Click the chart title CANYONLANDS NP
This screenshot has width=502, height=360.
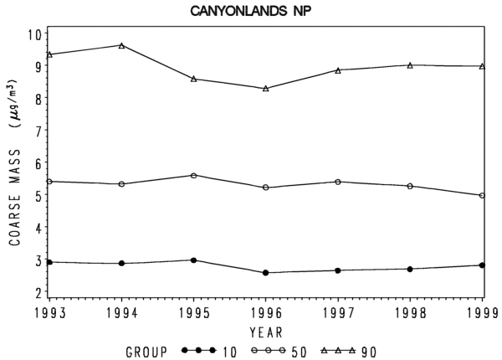[251, 11]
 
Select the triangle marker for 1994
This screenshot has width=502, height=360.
[121, 45]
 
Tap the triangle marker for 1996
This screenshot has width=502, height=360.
[266, 89]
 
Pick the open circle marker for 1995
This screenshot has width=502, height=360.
[194, 176]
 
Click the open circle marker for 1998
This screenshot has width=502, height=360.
[410, 186]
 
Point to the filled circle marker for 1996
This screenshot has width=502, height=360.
[266, 273]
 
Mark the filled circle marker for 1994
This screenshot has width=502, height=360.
[121, 263]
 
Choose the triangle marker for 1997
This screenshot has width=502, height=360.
[338, 70]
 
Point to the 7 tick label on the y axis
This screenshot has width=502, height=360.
[38, 131]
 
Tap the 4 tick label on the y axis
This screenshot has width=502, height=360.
[38, 228]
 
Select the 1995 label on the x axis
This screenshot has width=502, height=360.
[194, 313]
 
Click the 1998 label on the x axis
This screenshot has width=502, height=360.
[410, 313]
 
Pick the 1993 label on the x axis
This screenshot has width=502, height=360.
[50, 313]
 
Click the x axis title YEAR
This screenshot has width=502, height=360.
[266, 332]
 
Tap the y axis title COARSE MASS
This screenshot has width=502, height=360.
[15, 198]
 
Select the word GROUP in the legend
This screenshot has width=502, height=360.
[146, 352]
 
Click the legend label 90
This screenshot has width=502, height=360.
[368, 352]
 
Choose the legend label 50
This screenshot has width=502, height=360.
[299, 352]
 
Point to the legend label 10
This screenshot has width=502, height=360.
[229, 352]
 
